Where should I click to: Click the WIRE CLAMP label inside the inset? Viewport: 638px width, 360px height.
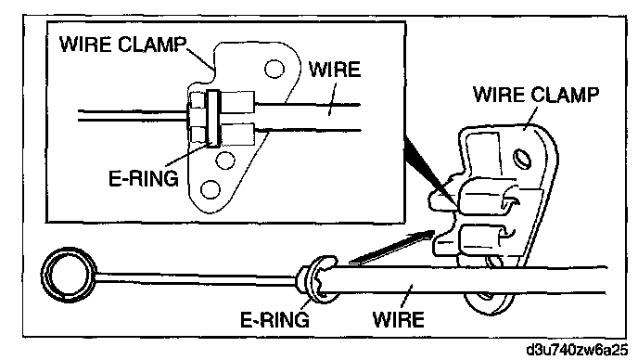coord(123,44)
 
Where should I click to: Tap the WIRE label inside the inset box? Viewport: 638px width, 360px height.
coord(335,70)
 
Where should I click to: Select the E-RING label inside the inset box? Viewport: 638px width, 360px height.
coord(144,178)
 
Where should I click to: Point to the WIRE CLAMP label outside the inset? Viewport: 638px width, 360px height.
coord(536,95)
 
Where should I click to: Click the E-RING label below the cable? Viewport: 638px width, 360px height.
coord(275,320)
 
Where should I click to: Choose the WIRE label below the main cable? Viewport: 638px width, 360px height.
coord(399,319)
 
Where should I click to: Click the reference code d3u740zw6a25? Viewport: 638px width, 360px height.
coord(577,350)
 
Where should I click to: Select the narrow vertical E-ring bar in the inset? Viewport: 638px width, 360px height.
coord(212,118)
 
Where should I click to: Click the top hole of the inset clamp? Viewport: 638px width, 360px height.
coord(274,69)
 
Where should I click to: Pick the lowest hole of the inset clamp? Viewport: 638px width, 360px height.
coord(211,190)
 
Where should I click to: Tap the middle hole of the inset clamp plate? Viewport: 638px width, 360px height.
coord(225,161)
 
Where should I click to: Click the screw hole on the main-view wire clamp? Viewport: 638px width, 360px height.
coord(523,158)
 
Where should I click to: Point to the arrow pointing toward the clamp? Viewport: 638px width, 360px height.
coord(392,246)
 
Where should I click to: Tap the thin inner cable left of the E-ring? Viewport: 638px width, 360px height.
coord(196,277)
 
